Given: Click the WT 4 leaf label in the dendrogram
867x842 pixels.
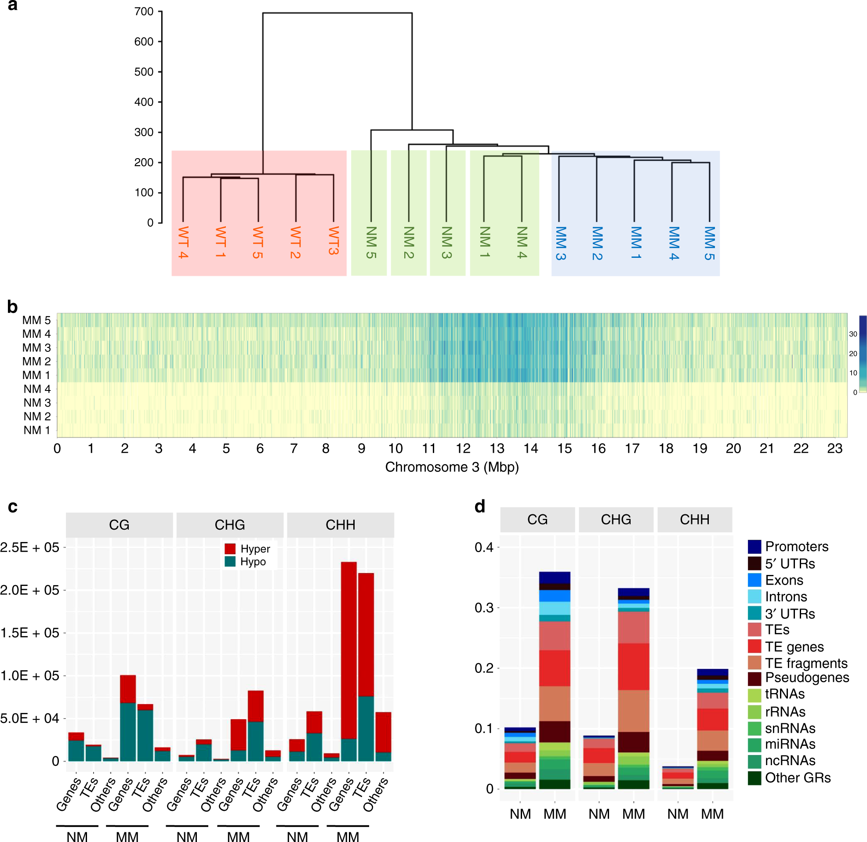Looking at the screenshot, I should click(183, 242).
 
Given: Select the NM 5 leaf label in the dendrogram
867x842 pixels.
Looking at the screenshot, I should click(371, 242).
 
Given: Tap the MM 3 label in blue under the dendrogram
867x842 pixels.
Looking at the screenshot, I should click(560, 243).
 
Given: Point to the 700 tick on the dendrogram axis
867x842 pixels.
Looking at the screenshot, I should click(144, 11).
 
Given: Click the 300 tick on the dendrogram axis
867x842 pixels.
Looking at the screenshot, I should click(144, 132).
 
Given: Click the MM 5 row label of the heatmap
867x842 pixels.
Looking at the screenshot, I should click(37, 320).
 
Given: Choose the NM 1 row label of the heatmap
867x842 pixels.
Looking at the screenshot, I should click(37, 430).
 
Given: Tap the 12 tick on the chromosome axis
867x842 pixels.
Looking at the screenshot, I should click(463, 448).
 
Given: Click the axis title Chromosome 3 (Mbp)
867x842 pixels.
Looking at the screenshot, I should click(452, 467).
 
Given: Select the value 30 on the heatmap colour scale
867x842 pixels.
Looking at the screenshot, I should click(853, 334).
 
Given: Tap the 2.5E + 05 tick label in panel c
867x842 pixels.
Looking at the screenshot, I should click(29, 547).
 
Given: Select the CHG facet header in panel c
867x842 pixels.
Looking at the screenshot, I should click(229, 524).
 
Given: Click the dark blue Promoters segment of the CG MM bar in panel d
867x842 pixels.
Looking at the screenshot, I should click(555, 578).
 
